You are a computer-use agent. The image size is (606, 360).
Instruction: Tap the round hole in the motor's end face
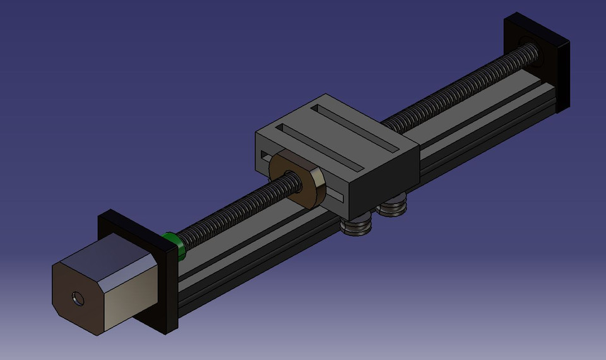pos(78,298)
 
